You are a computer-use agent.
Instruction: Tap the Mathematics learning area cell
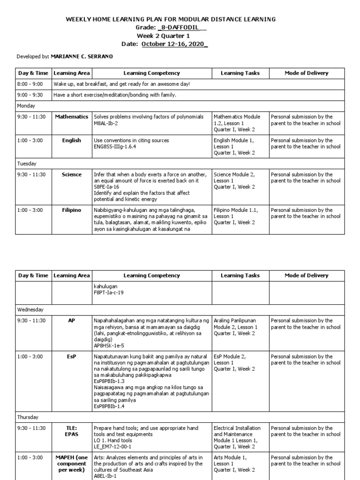pyautogui.click(x=71, y=117)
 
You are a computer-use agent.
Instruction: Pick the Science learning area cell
pyautogui.click(x=71, y=174)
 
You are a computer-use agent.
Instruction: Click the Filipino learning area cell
pyautogui.click(x=71, y=210)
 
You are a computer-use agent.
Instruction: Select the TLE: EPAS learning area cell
pyautogui.click(x=71, y=431)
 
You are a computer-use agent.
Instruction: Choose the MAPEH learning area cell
pyautogui.click(x=71, y=463)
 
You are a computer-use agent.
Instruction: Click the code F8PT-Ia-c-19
pyautogui.click(x=108, y=292)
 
